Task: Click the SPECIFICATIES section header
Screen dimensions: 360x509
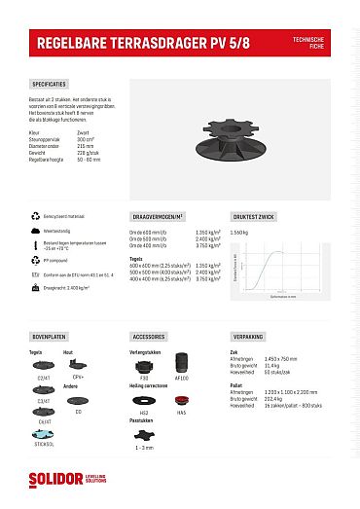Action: click(50, 85)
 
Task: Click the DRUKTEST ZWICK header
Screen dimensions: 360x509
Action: click(252, 216)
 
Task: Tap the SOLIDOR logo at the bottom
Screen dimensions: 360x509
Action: click(60, 480)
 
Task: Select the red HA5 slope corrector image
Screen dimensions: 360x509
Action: click(181, 401)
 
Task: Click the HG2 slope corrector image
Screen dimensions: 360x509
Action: click(144, 401)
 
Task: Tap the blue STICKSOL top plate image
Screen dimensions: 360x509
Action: click(44, 434)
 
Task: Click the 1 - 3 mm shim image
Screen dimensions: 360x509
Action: click(145, 437)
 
